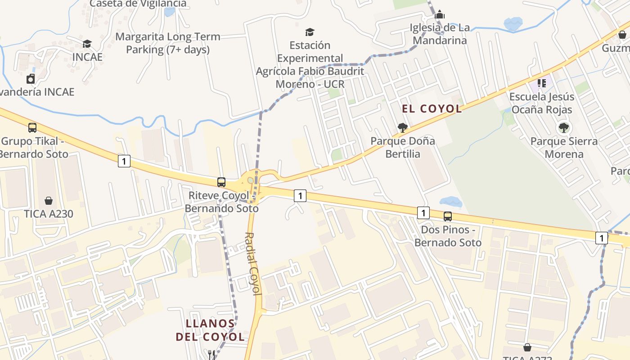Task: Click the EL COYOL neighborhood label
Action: click(x=432, y=108)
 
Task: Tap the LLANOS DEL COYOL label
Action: click(x=210, y=330)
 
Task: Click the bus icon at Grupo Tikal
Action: click(x=32, y=128)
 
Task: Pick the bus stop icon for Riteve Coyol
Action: click(x=221, y=182)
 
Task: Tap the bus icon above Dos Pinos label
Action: click(x=448, y=216)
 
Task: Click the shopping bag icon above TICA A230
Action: click(x=48, y=201)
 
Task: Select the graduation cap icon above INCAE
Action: click(x=87, y=44)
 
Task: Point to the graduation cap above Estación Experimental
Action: click(x=310, y=32)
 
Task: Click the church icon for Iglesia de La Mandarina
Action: click(x=440, y=14)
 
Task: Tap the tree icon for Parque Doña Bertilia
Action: click(x=403, y=128)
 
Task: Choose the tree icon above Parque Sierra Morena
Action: click(x=563, y=128)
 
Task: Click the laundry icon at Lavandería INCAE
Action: click(x=31, y=79)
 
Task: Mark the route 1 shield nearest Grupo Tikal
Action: click(x=124, y=161)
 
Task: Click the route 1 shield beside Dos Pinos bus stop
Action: click(x=423, y=212)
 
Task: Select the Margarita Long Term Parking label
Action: click(x=167, y=43)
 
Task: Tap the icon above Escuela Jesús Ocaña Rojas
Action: click(x=541, y=83)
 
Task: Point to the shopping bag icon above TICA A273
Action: click(x=527, y=347)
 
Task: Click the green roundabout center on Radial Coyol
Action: click(x=250, y=180)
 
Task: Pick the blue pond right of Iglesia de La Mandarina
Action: click(x=513, y=23)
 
